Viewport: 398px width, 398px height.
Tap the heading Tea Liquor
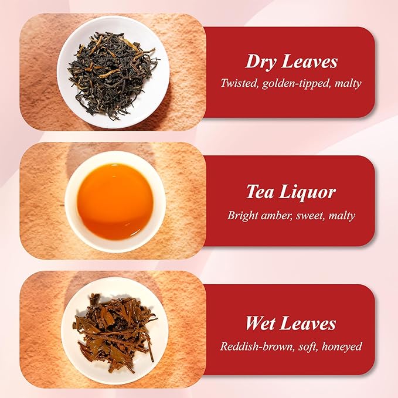[291, 192]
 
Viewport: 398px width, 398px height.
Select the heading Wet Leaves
[291, 324]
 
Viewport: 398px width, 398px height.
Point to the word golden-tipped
[297, 83]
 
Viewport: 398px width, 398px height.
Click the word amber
[278, 215]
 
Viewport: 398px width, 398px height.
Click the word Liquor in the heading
[307, 192]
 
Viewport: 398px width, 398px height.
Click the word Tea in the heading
[260, 192]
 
